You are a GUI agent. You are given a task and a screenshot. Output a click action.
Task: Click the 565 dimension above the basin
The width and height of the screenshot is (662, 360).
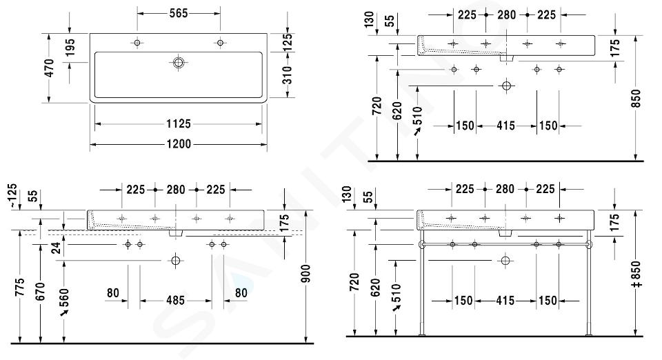(179, 14)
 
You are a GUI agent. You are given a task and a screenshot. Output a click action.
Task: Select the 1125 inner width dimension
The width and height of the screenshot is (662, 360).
(179, 123)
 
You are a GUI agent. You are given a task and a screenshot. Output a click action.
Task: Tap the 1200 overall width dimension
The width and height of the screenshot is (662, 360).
(179, 144)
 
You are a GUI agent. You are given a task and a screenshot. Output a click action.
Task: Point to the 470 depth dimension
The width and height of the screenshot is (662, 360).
(50, 68)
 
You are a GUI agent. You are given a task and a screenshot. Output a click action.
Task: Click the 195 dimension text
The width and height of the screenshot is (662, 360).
(70, 48)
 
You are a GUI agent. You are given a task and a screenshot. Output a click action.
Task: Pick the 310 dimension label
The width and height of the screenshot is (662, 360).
(287, 75)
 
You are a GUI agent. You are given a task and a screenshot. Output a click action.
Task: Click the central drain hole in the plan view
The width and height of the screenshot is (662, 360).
(178, 63)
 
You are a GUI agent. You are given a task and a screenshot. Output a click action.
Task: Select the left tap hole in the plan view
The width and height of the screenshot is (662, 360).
(137, 43)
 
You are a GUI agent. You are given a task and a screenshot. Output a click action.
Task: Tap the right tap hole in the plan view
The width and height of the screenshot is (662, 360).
(220, 43)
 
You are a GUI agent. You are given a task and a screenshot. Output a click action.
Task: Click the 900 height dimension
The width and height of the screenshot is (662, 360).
(306, 274)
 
